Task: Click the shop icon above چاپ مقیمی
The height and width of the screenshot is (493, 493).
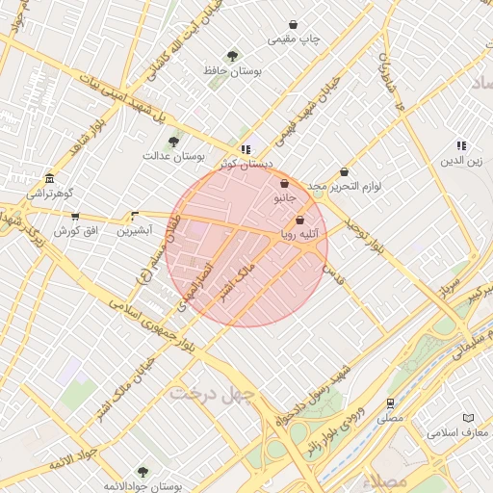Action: [294, 24]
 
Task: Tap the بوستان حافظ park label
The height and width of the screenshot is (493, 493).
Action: [224, 70]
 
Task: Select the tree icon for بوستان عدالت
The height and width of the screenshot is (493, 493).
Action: [173, 142]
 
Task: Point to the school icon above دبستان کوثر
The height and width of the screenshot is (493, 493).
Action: [246, 150]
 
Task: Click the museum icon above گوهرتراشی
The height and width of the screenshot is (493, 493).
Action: [49, 179]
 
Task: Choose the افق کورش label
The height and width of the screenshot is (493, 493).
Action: [72, 231]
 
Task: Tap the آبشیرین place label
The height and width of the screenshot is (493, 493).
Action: [135, 231]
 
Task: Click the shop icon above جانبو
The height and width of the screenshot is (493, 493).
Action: [284, 183]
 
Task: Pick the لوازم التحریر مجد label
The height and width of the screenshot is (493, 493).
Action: [345, 186]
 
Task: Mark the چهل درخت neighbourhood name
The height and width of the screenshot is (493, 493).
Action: [211, 394]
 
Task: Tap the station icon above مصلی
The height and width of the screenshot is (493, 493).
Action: [390, 403]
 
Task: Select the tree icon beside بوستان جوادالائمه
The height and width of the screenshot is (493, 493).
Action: [143, 472]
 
